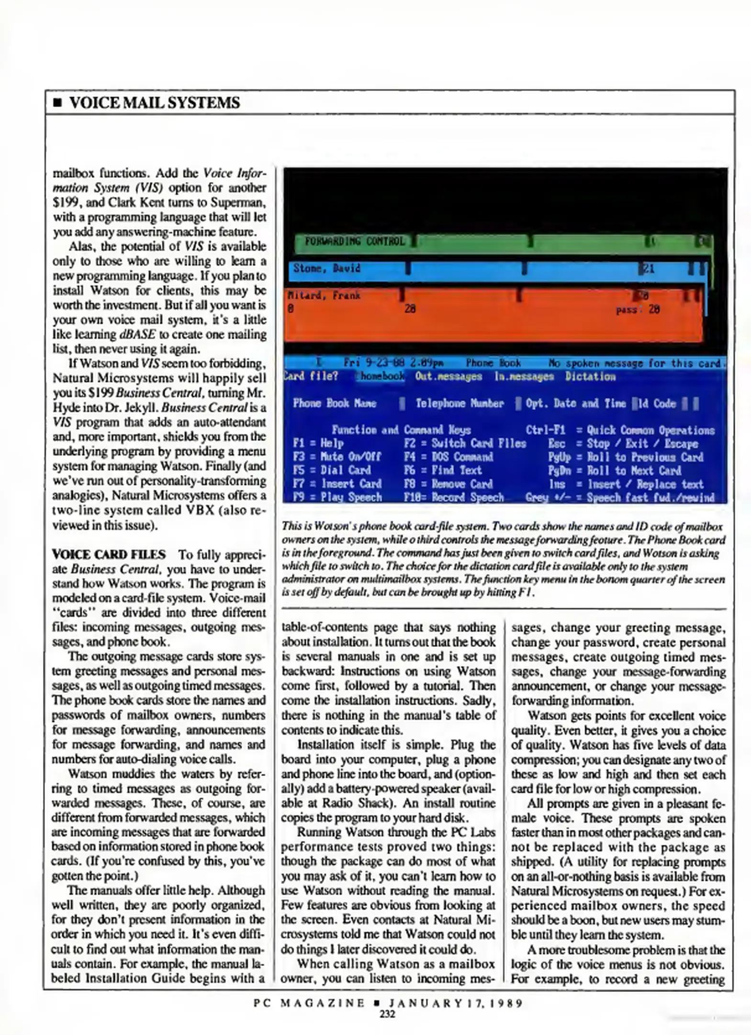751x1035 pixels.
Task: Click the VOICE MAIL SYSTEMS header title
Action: pyautogui.click(x=154, y=103)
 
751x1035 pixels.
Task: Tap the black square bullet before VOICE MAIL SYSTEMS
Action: pyautogui.click(x=57, y=103)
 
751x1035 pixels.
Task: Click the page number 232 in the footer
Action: pyautogui.click(x=387, y=1014)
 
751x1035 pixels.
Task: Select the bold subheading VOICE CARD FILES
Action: pyautogui.click(x=109, y=554)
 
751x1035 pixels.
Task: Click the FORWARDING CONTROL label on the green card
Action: pyautogui.click(x=355, y=241)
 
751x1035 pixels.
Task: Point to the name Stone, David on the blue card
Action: pyautogui.click(x=326, y=268)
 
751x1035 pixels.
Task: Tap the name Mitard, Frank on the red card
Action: pyautogui.click(x=324, y=296)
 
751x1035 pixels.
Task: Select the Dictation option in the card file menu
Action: pyautogui.click(x=590, y=377)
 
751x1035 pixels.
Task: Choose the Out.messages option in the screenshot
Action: pyautogui.click(x=448, y=377)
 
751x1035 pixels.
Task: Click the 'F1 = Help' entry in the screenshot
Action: pyautogui.click(x=318, y=444)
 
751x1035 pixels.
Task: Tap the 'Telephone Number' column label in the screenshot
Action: pyautogui.click(x=459, y=403)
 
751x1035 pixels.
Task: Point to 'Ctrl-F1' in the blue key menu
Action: pyautogui.click(x=545, y=430)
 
